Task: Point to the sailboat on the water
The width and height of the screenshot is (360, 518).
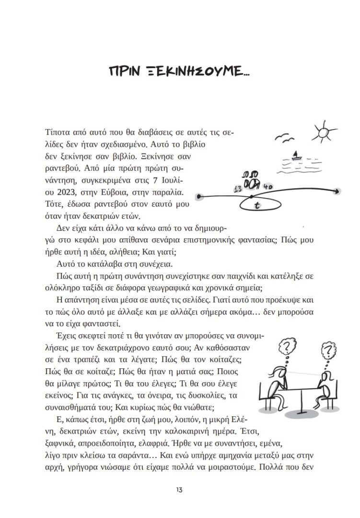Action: click(x=296, y=155)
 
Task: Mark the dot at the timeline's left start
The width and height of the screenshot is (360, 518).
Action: click(x=199, y=196)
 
